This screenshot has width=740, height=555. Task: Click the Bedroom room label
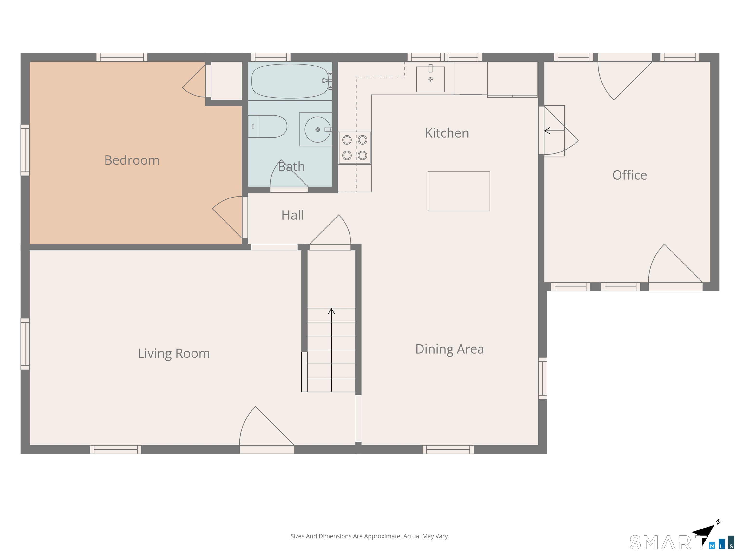point(132,160)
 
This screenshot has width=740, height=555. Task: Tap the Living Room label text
point(174,354)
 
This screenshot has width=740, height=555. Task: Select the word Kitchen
point(447,133)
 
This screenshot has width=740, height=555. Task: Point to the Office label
point(630,175)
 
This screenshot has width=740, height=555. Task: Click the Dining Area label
point(450,349)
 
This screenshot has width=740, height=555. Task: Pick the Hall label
point(293,215)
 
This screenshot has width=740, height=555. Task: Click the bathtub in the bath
point(290,81)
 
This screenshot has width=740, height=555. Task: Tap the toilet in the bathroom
point(268,126)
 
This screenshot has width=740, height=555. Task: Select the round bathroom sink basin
point(317,129)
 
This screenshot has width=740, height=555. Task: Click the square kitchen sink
point(430,79)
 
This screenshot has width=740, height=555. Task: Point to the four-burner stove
point(355,147)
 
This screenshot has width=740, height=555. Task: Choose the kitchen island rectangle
point(459,191)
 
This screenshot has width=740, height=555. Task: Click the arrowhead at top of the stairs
point(331,311)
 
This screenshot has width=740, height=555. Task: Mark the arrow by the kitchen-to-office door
point(554,131)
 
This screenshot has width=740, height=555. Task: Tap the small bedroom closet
point(226,81)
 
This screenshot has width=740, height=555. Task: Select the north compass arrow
point(704,534)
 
